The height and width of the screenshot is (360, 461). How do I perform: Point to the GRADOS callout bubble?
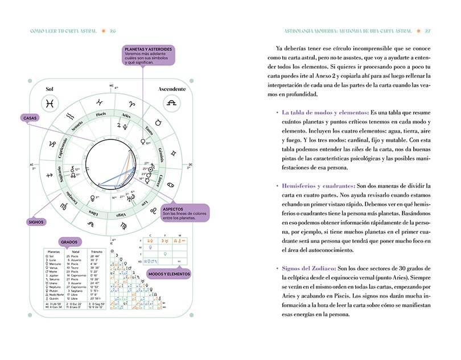[72, 241]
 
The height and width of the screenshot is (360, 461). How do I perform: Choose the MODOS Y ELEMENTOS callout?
[169, 273]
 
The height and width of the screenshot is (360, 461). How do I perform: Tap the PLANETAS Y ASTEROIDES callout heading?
[149, 49]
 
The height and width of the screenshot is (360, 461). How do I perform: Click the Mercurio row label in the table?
[56, 264]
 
